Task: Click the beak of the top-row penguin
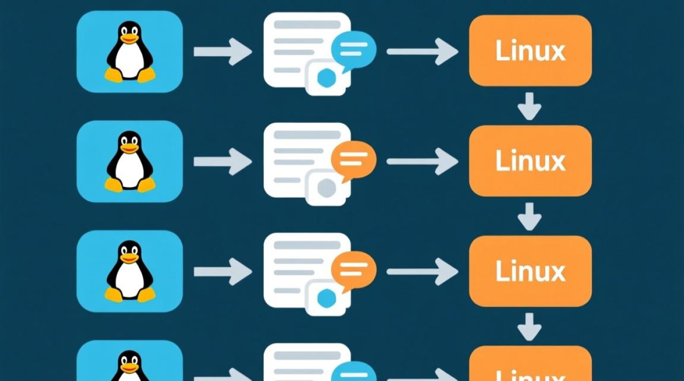pyautogui.click(x=129, y=39)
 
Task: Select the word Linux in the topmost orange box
pyautogui.click(x=530, y=51)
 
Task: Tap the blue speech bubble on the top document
pyautogui.click(x=353, y=49)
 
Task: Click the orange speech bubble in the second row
pyautogui.click(x=353, y=159)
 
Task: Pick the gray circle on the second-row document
pyautogui.click(x=326, y=188)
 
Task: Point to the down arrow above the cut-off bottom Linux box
pyautogui.click(x=529, y=326)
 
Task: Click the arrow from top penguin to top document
pyautogui.click(x=223, y=51)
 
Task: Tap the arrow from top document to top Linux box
pyautogui.click(x=422, y=51)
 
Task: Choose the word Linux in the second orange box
pyautogui.click(x=530, y=161)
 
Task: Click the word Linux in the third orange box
pyautogui.click(x=530, y=271)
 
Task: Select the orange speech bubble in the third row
pyautogui.click(x=353, y=270)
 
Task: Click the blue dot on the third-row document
pyautogui.click(x=326, y=299)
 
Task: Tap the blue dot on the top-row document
pyautogui.click(x=326, y=78)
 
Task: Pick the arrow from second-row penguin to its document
pyautogui.click(x=223, y=162)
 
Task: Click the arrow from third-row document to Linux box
pyautogui.click(x=422, y=272)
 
